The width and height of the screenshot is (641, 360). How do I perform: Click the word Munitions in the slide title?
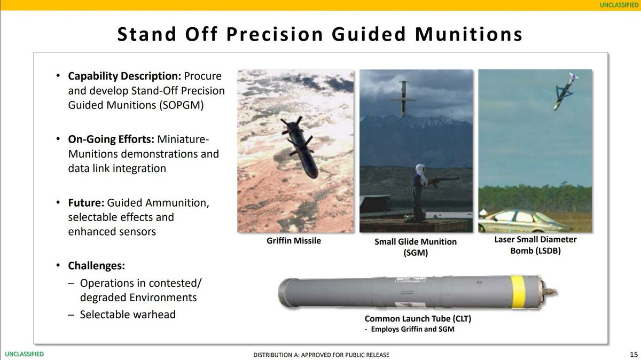click(468, 34)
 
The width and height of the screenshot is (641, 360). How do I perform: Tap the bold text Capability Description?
click(124, 76)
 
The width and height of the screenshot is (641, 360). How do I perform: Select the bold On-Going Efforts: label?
click(111, 139)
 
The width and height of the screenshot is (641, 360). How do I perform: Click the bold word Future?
click(86, 202)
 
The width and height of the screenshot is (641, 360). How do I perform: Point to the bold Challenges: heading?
click(97, 266)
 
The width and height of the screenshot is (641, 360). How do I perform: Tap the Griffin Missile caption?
click(294, 241)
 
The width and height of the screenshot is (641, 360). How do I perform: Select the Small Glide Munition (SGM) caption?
click(416, 247)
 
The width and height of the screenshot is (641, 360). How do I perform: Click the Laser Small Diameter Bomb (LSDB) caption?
click(535, 245)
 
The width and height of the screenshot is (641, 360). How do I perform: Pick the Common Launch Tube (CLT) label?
click(418, 318)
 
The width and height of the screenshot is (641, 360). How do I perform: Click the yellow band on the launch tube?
click(518, 291)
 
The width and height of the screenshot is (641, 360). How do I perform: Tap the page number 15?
click(634, 354)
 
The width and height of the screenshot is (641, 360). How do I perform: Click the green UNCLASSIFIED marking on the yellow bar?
click(619, 5)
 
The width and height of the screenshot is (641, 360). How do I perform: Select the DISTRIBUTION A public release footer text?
click(321, 355)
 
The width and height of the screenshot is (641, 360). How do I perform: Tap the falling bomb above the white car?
click(566, 91)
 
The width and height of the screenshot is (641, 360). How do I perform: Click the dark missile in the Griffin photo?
click(300, 146)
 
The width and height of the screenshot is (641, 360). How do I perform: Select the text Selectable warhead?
click(128, 315)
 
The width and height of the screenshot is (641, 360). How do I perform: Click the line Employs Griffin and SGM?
click(410, 329)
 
